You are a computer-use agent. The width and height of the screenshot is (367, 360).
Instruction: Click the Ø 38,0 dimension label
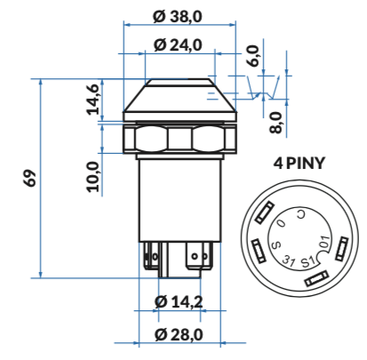click(x=178, y=17)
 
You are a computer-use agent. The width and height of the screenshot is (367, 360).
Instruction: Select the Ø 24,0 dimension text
click(x=178, y=45)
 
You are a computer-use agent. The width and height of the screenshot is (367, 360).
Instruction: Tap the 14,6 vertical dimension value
click(x=92, y=99)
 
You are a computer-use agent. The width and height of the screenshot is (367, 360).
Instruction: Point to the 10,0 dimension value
click(x=92, y=177)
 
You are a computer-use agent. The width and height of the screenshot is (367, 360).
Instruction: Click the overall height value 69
click(x=30, y=178)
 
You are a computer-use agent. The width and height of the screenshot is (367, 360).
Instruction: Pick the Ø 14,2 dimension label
click(x=179, y=301)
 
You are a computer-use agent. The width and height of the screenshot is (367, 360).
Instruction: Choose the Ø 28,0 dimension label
click(x=179, y=334)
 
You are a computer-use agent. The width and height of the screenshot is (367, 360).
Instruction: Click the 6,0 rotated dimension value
click(x=253, y=56)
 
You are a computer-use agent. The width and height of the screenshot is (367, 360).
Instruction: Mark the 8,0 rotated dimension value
click(x=275, y=123)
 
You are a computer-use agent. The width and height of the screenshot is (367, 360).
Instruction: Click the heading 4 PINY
click(x=299, y=164)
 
